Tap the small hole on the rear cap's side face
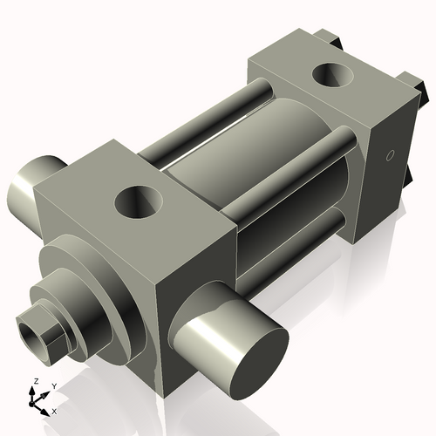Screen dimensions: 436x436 coord(390,156)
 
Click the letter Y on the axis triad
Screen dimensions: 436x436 coord(53,385)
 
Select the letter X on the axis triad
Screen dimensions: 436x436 coord(54,410)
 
